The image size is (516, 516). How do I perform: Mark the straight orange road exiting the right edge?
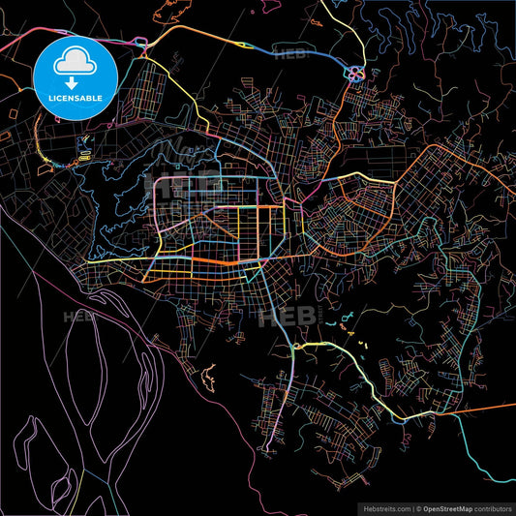484,409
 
